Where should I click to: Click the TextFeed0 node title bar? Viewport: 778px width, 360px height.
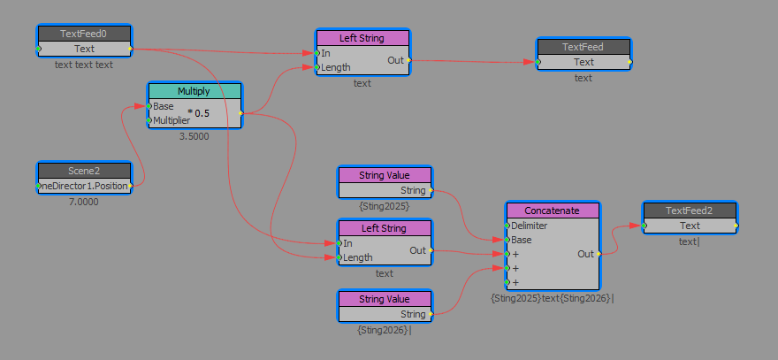click(84, 34)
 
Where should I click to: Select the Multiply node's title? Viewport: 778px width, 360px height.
click(194, 91)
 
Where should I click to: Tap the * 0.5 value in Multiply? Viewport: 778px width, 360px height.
click(199, 113)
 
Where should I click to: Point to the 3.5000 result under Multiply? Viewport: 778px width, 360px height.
click(194, 137)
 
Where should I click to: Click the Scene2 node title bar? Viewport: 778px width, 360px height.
click(84, 171)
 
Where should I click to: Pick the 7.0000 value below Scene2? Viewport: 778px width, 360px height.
click(84, 202)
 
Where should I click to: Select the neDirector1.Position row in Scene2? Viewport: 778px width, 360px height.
click(85, 187)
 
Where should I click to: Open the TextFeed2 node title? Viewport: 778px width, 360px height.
click(690, 211)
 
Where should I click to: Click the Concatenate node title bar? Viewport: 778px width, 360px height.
click(553, 211)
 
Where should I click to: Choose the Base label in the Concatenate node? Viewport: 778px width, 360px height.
click(522, 240)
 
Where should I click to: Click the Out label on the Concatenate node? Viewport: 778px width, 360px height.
click(585, 254)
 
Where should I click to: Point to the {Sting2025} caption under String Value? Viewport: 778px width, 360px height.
click(384, 205)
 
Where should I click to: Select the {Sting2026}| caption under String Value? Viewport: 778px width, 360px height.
click(385, 330)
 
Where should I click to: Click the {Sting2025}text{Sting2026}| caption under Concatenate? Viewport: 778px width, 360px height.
click(553, 298)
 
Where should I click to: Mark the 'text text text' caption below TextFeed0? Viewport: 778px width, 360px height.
click(84, 64)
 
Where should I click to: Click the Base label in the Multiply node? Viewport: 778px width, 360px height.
click(164, 106)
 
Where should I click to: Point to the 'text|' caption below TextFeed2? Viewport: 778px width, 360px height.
click(690, 241)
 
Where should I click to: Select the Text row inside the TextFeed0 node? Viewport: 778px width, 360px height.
click(84, 49)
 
